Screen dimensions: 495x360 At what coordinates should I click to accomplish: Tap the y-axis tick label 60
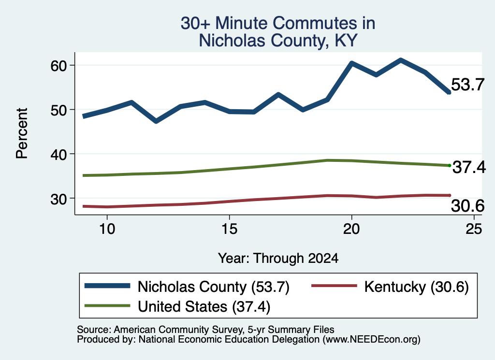pos(58,66)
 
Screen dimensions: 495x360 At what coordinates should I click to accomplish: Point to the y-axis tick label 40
pos(58,155)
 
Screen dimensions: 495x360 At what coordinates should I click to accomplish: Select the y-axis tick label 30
pos(58,199)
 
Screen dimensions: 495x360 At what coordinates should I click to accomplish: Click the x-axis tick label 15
pos(229,229)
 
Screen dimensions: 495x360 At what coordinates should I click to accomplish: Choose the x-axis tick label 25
pos(474,229)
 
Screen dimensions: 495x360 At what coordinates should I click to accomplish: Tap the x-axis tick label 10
pos(107,229)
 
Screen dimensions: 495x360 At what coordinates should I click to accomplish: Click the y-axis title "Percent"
pos(22,133)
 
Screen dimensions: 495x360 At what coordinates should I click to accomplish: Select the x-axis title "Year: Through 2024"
pos(278,258)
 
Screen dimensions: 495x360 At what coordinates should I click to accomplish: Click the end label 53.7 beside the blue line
pos(467,85)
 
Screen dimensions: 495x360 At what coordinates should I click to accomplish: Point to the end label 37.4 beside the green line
pos(469,167)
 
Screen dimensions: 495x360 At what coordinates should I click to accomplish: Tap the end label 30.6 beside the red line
pos(467,206)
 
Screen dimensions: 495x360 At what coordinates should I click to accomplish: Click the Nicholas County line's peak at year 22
pos(401,60)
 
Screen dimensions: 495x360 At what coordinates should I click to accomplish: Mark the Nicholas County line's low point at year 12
pos(156,121)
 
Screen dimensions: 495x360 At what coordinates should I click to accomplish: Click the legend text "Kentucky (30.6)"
pos(416,287)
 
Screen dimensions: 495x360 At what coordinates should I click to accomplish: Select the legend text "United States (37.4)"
pos(204,306)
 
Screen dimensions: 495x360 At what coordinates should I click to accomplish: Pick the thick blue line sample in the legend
pos(107,286)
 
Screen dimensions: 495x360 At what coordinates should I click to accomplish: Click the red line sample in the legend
pos(334,286)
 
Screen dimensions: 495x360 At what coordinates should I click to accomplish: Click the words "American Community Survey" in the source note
pos(177,330)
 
